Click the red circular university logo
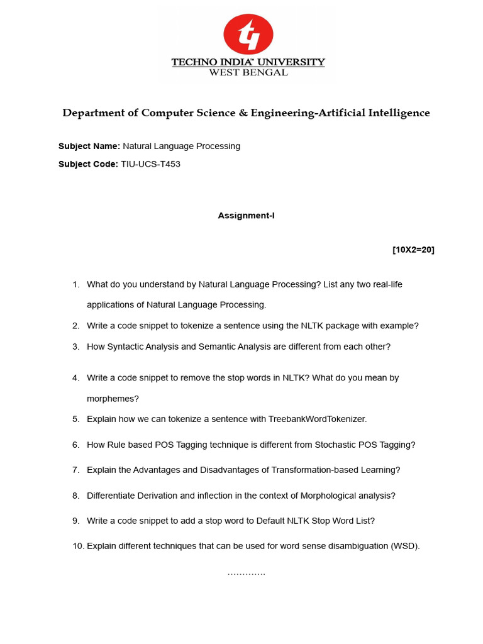tap(248, 34)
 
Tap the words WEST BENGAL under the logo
tap(248, 72)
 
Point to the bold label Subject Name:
tap(89, 146)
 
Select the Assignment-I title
tap(246, 216)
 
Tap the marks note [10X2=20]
tap(413, 250)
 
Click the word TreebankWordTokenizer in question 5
tap(317, 419)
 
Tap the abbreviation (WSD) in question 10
tap(405, 546)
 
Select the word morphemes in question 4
tap(113, 399)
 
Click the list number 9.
tap(75, 521)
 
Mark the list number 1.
tap(75, 284)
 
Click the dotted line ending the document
tap(246, 574)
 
